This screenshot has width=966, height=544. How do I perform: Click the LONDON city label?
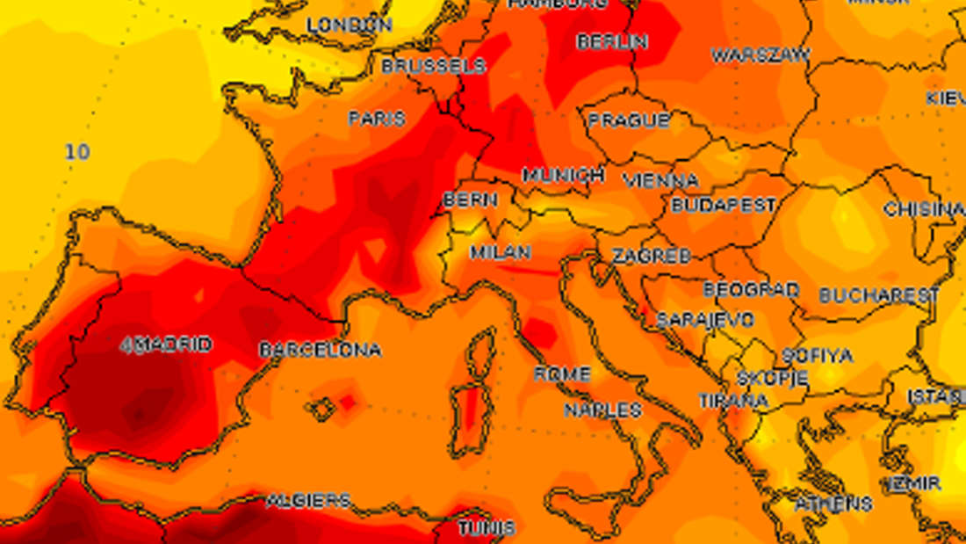click(349, 25)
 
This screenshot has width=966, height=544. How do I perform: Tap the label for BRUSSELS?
click(433, 66)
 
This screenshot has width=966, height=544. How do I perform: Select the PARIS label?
click(377, 118)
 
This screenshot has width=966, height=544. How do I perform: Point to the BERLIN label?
click(612, 41)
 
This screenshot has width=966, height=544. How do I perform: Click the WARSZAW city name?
click(761, 55)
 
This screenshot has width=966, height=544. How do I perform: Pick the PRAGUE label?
click(629, 120)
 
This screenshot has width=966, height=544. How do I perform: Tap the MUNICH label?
click(564, 175)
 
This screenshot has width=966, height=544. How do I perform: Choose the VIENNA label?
click(661, 181)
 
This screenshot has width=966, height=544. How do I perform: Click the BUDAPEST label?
click(724, 205)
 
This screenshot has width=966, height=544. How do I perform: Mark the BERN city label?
click(470, 200)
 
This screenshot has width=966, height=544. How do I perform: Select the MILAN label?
click(501, 252)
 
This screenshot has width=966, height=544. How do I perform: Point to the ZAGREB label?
click(651, 256)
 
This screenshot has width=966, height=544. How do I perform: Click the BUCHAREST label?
click(879, 295)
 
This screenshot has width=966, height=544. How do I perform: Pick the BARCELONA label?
click(321, 350)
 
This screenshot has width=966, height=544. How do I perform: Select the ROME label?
click(562, 374)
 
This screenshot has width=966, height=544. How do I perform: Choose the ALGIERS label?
click(308, 501)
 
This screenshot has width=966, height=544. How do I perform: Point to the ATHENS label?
click(833, 504)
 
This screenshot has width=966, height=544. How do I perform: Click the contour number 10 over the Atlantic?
click(77, 152)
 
